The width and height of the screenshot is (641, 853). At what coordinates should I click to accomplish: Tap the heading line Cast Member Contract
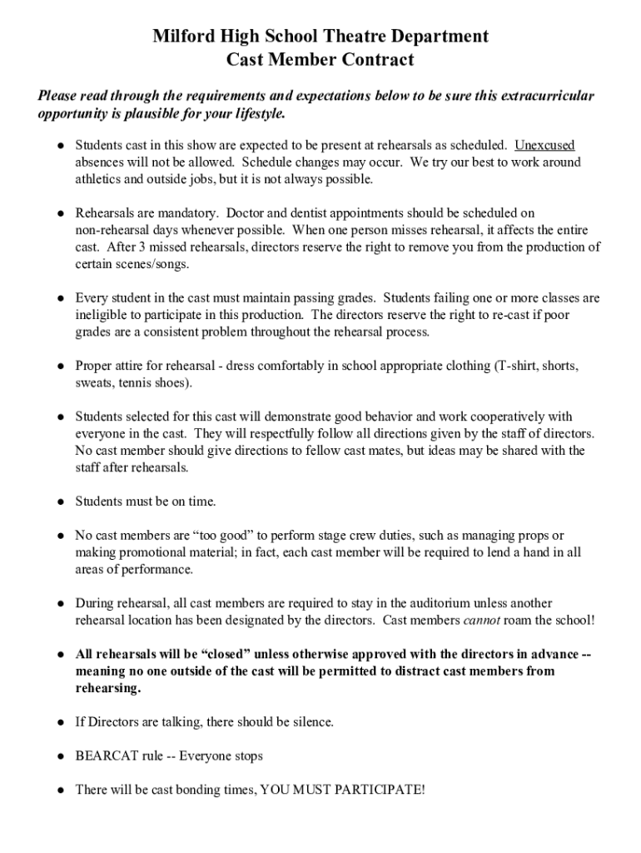tap(320, 60)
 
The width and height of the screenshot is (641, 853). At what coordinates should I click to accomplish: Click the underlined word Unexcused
tap(544, 146)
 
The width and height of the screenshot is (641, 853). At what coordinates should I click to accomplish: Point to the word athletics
tap(99, 179)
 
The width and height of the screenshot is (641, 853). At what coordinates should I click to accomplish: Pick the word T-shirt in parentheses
tap(523, 366)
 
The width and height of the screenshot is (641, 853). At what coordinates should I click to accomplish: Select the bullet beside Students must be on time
tap(61, 502)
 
